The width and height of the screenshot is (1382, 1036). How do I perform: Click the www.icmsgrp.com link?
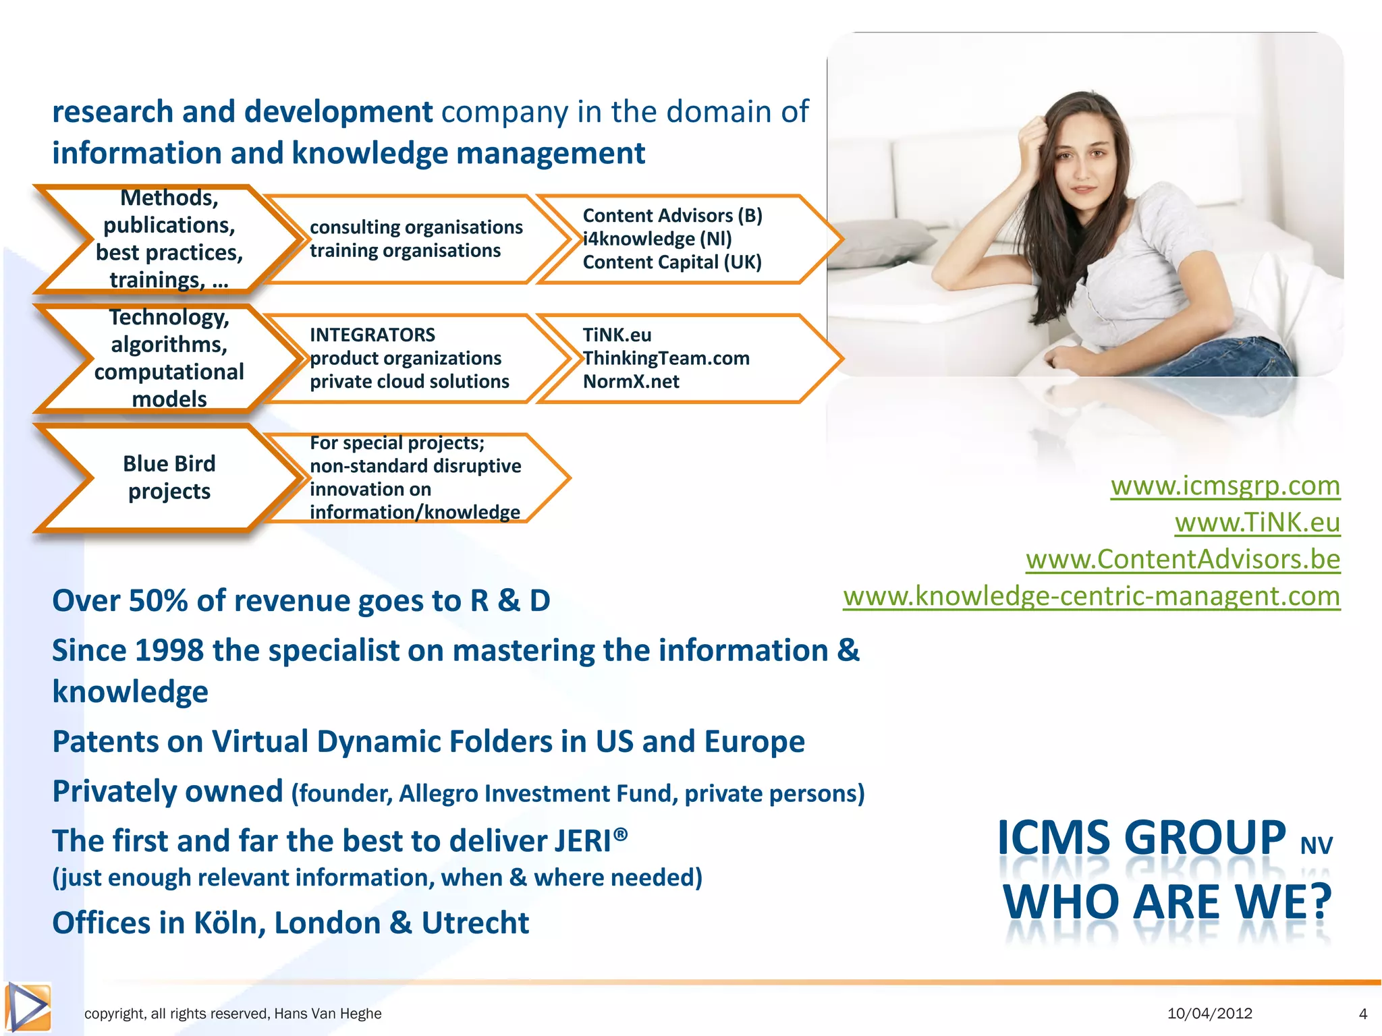click(x=1225, y=486)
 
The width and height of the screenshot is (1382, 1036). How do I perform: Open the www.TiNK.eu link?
click(x=1257, y=523)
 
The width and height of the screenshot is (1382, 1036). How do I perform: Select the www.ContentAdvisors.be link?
click(x=1182, y=560)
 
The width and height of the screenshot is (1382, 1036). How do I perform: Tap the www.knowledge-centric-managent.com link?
click(x=1091, y=597)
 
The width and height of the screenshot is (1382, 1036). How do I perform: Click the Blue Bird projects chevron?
click(x=169, y=478)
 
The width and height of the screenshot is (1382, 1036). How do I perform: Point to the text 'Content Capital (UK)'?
click(x=672, y=262)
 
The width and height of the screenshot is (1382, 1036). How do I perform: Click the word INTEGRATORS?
click(x=372, y=335)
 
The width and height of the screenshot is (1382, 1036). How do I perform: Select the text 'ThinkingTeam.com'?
click(x=667, y=358)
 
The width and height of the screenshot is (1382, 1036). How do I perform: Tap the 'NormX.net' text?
click(x=631, y=382)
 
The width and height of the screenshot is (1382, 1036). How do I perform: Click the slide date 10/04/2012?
click(x=1209, y=1014)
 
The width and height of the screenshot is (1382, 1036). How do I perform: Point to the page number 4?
click(x=1362, y=1014)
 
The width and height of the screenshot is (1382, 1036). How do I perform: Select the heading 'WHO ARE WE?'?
click(x=1167, y=902)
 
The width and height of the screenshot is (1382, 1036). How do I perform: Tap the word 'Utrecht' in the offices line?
click(x=475, y=923)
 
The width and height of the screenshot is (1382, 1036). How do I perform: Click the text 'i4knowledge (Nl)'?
click(x=657, y=239)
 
